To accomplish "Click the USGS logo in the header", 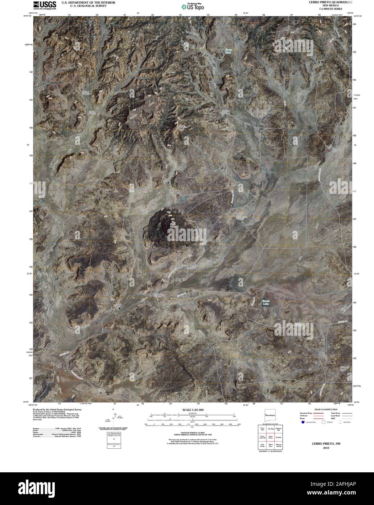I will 45,5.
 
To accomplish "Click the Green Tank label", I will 228,51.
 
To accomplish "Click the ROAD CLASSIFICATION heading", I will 323,409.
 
